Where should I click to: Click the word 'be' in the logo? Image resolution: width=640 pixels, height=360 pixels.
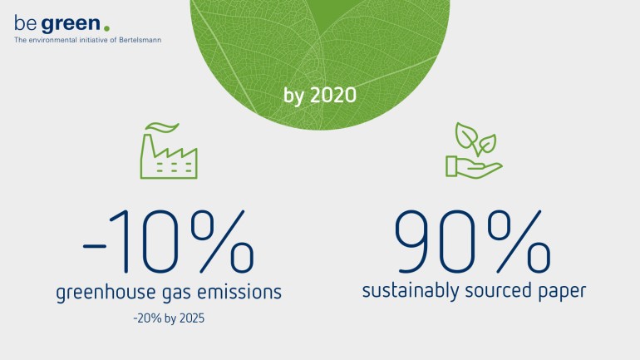[x=25, y=23]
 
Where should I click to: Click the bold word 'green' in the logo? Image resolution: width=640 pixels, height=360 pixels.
[x=71, y=25]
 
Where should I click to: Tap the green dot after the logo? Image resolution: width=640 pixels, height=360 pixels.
[x=106, y=28]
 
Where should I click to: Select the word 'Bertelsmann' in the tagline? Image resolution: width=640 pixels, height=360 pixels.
[x=140, y=40]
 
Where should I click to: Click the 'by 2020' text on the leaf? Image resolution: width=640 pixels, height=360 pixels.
[x=320, y=96]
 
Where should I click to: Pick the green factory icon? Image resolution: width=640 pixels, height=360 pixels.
[x=169, y=150]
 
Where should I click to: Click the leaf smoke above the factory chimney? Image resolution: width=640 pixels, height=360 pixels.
[x=162, y=127]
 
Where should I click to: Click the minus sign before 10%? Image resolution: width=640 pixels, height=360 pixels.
[x=94, y=246]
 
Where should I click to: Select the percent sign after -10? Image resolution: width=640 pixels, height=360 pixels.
[x=222, y=241]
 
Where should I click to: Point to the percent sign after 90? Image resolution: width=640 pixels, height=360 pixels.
[x=519, y=241]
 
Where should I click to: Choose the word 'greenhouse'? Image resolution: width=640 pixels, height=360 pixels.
[x=106, y=293]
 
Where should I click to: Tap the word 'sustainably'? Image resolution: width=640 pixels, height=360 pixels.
[x=411, y=292]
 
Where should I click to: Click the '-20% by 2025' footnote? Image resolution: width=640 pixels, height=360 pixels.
[x=169, y=318]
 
